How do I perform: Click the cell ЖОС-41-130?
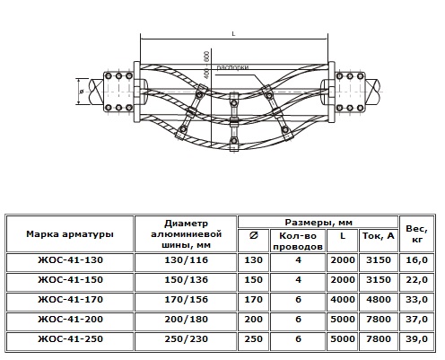click(70, 259)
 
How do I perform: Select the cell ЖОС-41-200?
click(70, 319)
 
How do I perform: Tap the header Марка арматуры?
click(70, 233)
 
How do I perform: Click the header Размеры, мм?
click(318, 223)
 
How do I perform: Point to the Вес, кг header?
click(416, 234)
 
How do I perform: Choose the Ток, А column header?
click(379, 236)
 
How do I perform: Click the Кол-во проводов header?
click(298, 241)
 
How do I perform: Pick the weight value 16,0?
click(416, 259)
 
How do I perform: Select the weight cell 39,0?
click(416, 338)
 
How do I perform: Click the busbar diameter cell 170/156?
click(186, 299)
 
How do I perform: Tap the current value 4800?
click(379, 299)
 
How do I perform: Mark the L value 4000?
click(343, 299)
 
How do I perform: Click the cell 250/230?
click(186, 338)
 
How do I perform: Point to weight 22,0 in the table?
click(416, 279)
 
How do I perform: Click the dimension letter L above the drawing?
click(233, 34)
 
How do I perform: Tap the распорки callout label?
click(232, 68)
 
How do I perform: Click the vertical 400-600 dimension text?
click(206, 65)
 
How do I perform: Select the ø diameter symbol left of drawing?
click(82, 92)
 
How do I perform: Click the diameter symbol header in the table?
click(253, 236)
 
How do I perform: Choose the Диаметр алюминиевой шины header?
click(186, 233)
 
